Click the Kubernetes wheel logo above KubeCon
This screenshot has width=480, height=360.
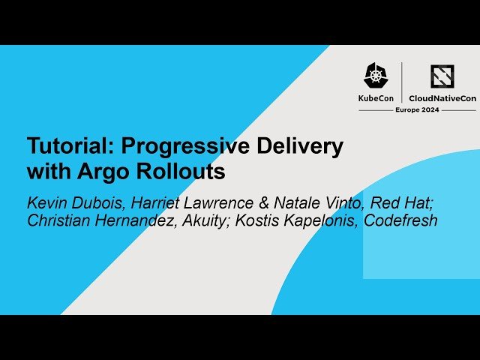375,75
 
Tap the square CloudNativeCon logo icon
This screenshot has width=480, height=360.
442,75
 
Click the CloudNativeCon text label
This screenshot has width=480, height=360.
442,97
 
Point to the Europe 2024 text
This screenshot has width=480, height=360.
417,109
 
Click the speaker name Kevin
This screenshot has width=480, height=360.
45,202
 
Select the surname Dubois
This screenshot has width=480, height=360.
95,202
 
